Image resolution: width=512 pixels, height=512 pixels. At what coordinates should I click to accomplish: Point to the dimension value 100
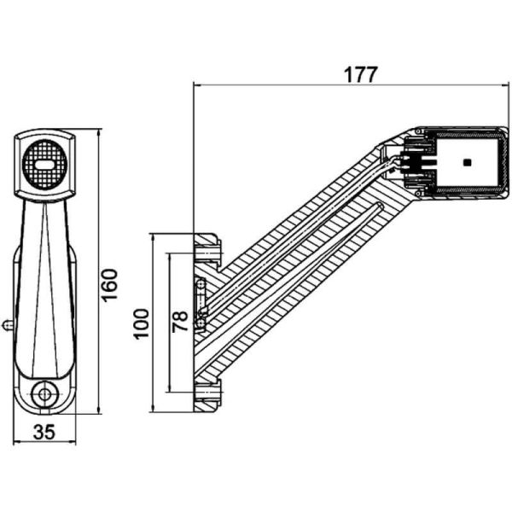click(x=142, y=323)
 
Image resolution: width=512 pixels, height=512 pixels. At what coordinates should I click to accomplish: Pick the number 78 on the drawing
click(x=180, y=323)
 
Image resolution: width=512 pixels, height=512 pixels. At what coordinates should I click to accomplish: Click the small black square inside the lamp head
click(x=466, y=161)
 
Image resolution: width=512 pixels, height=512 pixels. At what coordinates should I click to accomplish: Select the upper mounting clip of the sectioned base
click(x=207, y=248)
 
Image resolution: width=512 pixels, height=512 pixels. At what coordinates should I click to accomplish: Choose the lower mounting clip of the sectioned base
click(x=207, y=392)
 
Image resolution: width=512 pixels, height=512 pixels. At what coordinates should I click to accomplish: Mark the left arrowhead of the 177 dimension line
click(x=199, y=85)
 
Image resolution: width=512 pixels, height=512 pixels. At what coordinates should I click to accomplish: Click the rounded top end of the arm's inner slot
click(x=379, y=206)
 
